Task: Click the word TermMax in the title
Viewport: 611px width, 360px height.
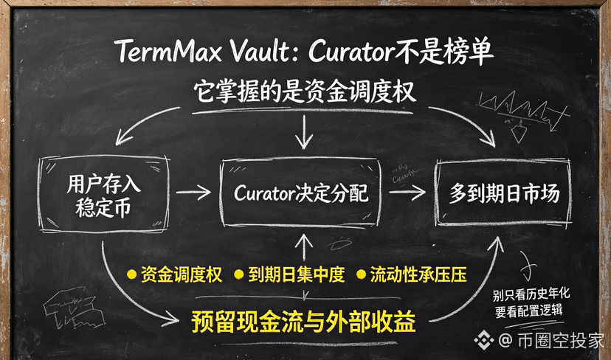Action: tap(168, 52)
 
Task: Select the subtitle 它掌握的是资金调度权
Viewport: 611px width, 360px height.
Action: tap(304, 92)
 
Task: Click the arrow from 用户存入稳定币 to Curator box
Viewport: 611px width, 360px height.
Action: tap(193, 192)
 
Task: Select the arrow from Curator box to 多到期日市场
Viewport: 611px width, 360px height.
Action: tap(407, 192)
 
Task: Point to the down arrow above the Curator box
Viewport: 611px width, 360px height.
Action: tap(304, 132)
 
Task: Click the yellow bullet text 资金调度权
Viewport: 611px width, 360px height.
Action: tap(182, 274)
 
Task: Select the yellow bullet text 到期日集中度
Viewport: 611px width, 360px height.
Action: tap(297, 274)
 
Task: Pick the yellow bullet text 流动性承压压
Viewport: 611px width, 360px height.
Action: tap(418, 274)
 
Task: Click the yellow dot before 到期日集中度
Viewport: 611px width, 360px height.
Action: tap(239, 274)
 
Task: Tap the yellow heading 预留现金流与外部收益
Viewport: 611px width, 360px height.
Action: tap(303, 321)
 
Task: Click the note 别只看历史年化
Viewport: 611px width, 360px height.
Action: tap(531, 294)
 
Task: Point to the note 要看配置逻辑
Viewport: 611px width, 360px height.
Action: tap(529, 311)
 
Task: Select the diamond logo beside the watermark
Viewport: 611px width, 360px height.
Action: tap(484, 340)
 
